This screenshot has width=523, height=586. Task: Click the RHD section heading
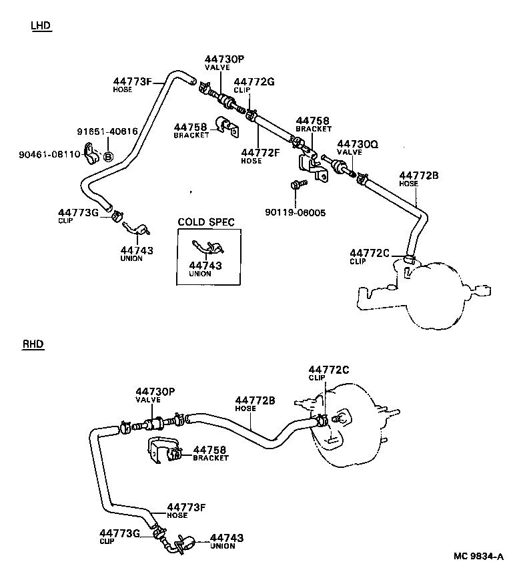tap(33, 344)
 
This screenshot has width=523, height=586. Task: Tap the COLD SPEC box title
tap(205, 222)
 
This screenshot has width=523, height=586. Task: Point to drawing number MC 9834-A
tap(478, 556)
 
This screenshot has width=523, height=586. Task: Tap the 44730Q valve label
tap(358, 143)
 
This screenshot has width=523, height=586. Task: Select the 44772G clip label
tap(254, 81)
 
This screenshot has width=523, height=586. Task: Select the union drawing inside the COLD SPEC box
tap(206, 248)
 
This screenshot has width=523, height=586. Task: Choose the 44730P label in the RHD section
tap(155, 391)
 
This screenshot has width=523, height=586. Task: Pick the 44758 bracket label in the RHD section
tap(211, 450)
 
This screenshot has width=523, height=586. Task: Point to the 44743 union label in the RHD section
tap(227, 537)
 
